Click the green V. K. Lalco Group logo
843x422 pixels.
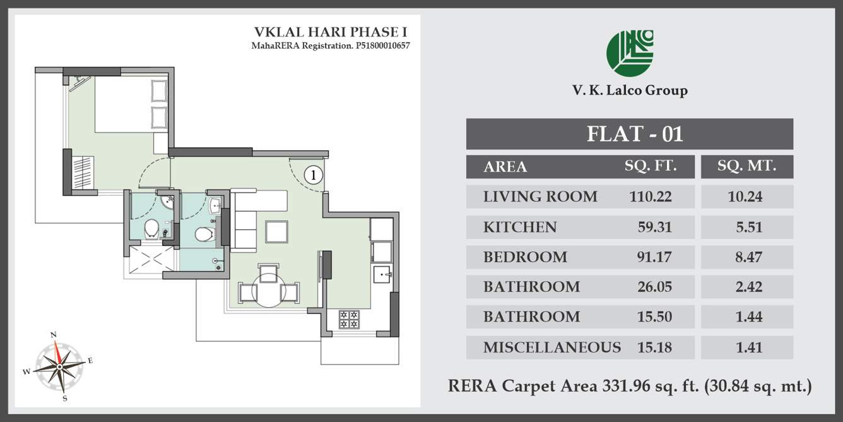630,53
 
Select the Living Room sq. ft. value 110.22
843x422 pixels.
651,196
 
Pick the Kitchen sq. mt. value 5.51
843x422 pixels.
749,227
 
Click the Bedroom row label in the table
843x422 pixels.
525,257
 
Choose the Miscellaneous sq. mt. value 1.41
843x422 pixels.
749,347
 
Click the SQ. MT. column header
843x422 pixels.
746,167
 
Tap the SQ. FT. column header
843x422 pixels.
651,167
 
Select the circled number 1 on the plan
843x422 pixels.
313,174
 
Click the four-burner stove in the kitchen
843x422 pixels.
349,319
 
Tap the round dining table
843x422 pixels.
269,291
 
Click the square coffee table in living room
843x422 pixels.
276,231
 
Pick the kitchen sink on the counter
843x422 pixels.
382,275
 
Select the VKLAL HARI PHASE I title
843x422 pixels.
331,32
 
